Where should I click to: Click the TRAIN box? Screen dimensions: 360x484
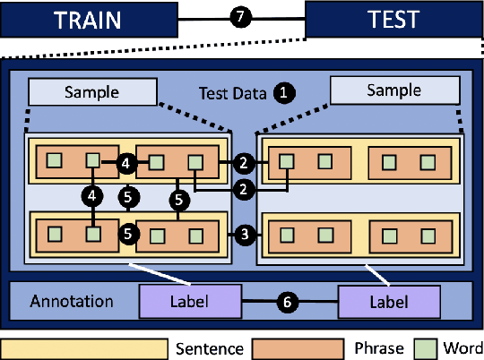pyautogui.click(x=88, y=19)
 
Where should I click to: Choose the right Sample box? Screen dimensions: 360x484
pyautogui.click(x=393, y=91)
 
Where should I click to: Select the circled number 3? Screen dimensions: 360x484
pyautogui.click(x=244, y=235)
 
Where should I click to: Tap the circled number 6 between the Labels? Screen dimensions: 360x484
pyautogui.click(x=286, y=303)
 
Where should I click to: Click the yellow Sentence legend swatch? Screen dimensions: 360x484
pyautogui.click(x=84, y=348)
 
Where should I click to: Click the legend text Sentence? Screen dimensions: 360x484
pyautogui.click(x=208, y=348)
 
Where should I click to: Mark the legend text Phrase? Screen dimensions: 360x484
pyautogui.click(x=385, y=348)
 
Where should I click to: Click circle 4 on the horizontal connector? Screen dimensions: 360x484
pyautogui.click(x=125, y=163)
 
